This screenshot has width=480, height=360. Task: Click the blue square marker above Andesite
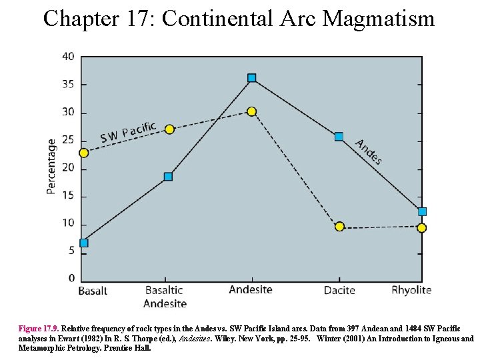pos(251,78)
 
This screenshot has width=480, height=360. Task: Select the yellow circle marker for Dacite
pos(339,227)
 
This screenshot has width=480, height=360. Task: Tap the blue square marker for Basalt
pos(83,243)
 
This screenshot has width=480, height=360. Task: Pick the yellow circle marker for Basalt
pos(83,153)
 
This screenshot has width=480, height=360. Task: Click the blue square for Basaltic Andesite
pos(168,177)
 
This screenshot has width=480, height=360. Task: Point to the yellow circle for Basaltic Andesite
pos(169,129)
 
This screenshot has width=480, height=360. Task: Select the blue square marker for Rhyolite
pos(422,211)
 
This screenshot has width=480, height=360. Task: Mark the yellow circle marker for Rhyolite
pos(421,228)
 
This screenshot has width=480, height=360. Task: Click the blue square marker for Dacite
pos(339,137)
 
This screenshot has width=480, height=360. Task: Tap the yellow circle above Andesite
pos(251,111)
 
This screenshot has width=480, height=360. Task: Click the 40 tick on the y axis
pos(68,57)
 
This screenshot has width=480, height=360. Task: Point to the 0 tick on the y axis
pos(71,278)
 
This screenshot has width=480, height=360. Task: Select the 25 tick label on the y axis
pos(68,140)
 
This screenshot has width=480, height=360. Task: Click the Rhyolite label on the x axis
pos(411,290)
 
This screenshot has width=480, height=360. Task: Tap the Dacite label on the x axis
pos(339,290)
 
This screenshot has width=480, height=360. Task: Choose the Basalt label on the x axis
pos(93,291)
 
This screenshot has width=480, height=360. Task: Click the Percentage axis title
pos(51,167)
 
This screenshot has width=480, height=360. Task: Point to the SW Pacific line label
pos(128,132)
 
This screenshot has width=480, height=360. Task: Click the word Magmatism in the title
pos(378,18)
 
